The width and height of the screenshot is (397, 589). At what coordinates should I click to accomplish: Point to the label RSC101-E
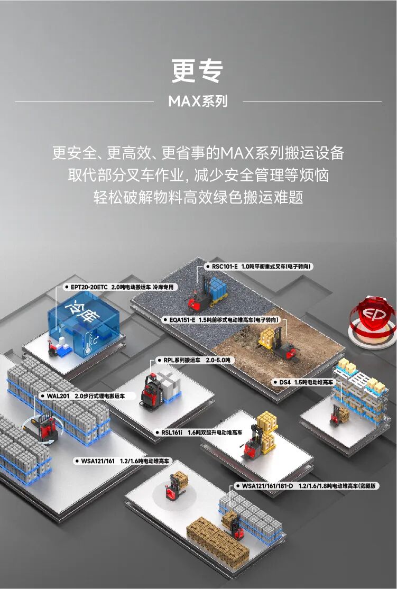pos(225,267)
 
